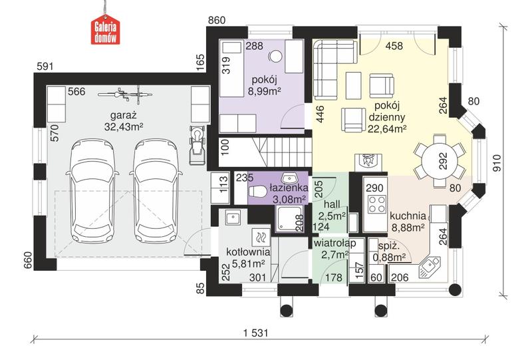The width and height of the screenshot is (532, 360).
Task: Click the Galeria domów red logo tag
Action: click(105, 31)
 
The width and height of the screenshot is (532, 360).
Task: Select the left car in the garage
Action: click(92, 190)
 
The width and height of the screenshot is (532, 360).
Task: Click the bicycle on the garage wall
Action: click(124, 94)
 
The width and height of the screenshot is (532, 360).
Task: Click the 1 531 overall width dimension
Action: click(255, 333)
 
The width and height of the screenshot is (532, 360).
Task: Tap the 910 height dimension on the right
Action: click(497, 163)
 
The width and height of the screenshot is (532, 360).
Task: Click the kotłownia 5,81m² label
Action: click(248, 258)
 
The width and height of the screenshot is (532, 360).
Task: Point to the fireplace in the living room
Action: click(368, 162)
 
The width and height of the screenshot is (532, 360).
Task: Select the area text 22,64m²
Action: click(388, 129)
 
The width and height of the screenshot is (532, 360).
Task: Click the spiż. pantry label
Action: click(389, 247)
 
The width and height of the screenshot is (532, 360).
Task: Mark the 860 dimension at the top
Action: click(217, 21)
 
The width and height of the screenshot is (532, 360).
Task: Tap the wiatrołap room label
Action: click(335, 244)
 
